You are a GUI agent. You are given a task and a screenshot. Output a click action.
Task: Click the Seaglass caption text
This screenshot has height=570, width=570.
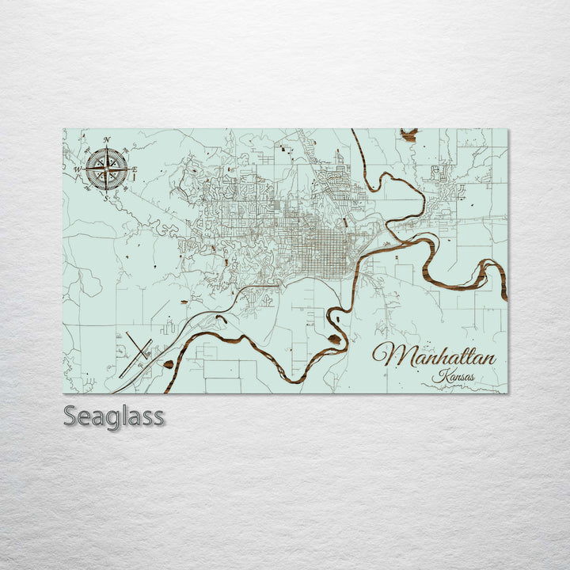point(114,416)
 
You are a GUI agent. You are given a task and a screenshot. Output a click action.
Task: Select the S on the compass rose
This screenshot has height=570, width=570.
point(106,199)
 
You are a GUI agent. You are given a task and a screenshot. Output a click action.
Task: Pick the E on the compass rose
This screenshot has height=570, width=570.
point(135,169)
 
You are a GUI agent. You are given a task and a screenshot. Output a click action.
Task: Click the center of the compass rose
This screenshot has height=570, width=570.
point(107,169)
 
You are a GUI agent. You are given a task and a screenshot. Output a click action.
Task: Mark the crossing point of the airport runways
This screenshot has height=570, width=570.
point(138,348)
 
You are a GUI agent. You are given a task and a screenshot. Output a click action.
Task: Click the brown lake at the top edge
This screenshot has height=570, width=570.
point(408,135)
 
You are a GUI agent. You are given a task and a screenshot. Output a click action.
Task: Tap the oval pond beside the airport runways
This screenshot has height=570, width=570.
point(169,365)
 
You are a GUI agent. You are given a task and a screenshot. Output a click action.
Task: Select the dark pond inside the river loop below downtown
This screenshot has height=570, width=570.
point(334,340)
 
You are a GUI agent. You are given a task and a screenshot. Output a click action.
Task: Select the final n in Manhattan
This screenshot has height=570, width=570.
point(489,358)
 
